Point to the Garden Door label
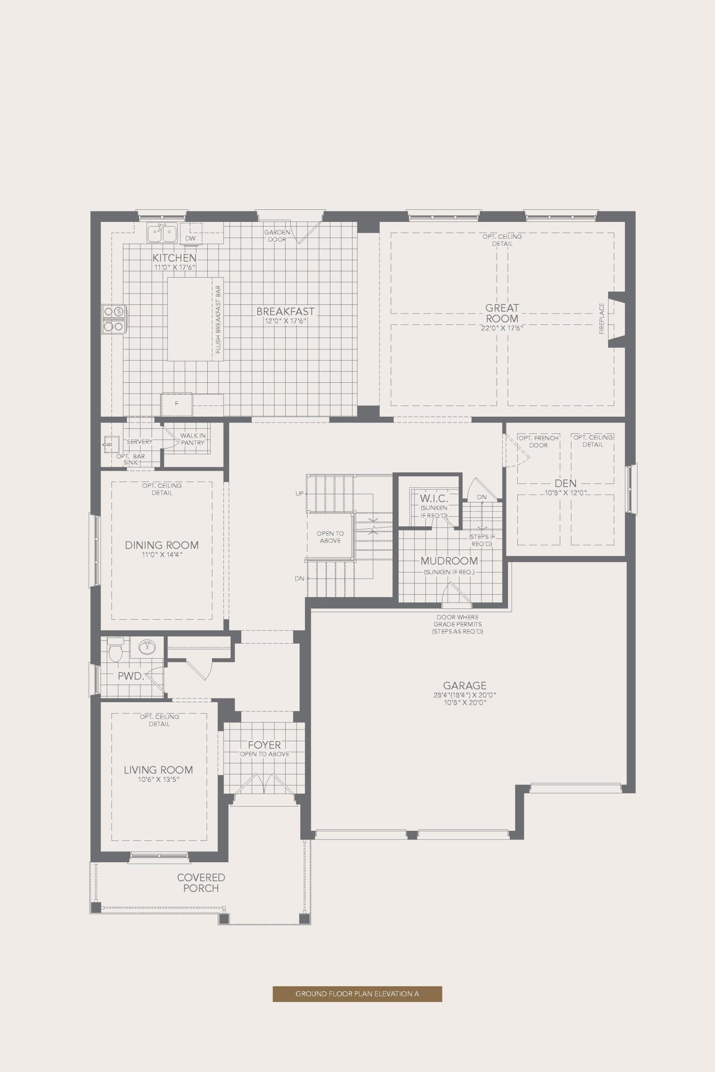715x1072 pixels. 277,236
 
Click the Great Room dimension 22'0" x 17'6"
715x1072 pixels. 502,328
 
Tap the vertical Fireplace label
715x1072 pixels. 601,318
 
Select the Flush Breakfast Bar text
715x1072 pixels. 218,319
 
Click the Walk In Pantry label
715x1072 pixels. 192,439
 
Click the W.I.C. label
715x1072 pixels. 434,498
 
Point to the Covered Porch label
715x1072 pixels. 201,882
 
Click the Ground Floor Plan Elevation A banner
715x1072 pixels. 357,994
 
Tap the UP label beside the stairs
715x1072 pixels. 299,493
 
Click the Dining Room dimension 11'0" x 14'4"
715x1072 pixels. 162,555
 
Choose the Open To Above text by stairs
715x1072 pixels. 330,537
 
